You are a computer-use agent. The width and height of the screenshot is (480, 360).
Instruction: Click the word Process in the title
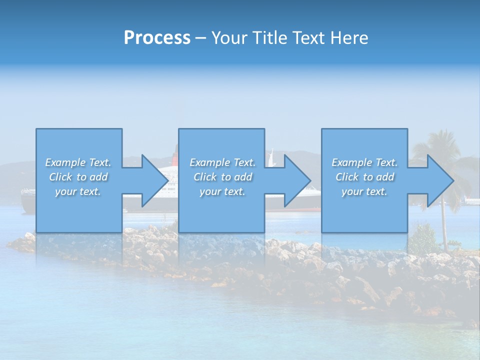point(157,38)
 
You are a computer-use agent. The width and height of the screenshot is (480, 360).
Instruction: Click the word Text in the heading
point(307,38)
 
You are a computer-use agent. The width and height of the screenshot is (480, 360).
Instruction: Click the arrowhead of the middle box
point(297,180)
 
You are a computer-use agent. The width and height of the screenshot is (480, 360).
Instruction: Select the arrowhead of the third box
point(440,180)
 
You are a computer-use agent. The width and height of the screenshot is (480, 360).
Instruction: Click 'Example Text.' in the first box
point(78,162)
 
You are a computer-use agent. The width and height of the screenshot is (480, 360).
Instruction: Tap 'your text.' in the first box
point(78,191)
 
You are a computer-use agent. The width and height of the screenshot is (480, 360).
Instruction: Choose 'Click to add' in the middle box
point(222,177)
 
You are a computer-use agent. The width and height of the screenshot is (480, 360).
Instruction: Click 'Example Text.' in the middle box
point(222,162)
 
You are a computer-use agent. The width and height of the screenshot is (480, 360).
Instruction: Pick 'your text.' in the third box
point(364,191)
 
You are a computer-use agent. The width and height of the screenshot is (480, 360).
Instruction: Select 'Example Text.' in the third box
point(364,162)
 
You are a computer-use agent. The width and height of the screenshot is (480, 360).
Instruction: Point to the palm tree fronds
point(440,145)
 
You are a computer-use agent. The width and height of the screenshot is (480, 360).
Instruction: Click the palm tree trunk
point(444,230)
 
